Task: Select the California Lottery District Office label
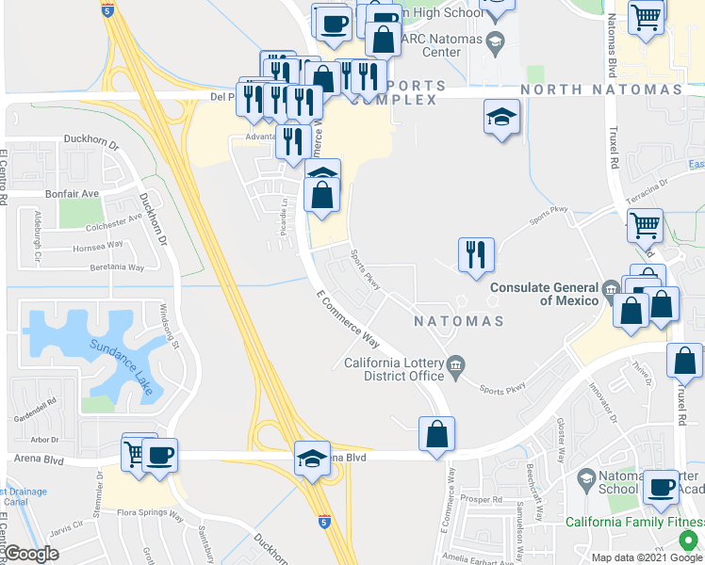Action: [x=394, y=369]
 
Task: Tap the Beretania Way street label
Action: [x=110, y=266]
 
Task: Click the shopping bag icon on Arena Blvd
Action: [x=437, y=435]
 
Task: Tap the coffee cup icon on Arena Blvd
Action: [x=160, y=455]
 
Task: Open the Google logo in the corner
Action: [x=31, y=554]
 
